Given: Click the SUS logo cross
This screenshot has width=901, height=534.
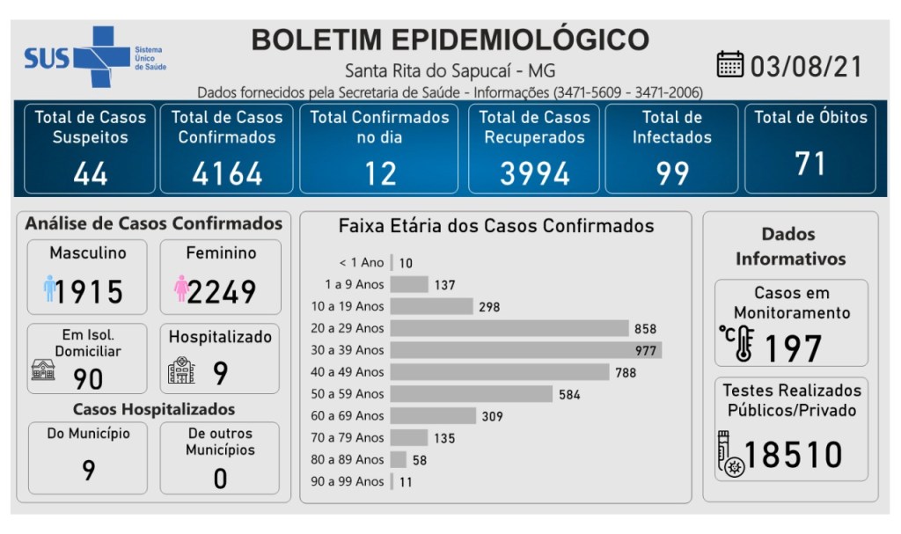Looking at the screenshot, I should (99, 56).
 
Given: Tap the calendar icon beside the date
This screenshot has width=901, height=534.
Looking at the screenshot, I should (730, 65).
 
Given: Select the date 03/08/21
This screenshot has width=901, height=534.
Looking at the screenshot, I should (805, 67).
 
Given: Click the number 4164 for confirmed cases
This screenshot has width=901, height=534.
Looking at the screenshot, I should (227, 173).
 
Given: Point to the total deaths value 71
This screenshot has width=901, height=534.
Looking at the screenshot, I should (809, 165).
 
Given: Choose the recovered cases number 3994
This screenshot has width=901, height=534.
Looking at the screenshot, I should (535, 173).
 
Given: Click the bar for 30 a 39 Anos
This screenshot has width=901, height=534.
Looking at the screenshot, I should (525, 350).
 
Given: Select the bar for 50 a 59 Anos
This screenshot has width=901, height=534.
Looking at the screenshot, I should (471, 394).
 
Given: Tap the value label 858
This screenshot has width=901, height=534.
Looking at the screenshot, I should (644, 329).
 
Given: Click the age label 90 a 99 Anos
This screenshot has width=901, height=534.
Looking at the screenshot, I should (348, 481).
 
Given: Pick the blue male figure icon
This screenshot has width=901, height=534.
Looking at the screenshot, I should (50, 289).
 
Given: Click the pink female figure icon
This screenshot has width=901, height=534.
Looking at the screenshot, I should (182, 289).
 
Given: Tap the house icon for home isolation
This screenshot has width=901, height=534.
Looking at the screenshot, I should (43, 370).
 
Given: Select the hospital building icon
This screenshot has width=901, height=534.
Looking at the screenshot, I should (181, 371).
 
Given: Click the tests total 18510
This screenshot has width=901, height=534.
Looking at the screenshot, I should (793, 455).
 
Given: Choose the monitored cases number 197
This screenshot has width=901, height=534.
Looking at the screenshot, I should (792, 349).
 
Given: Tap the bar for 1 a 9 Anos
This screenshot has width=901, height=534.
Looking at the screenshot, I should (409, 284).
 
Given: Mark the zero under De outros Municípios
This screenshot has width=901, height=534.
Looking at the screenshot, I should (220, 478).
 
